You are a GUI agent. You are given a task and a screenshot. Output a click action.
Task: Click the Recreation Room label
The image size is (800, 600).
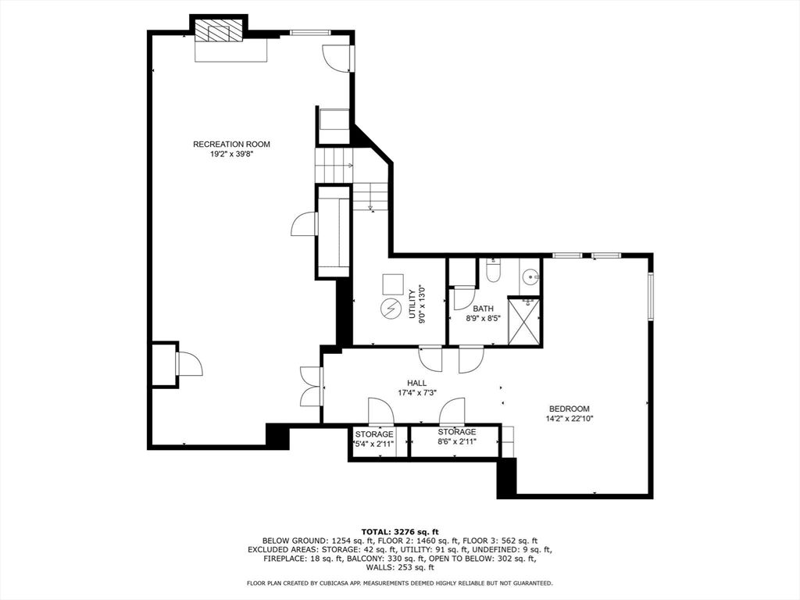click(231, 145)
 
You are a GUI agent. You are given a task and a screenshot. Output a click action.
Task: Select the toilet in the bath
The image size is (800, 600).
click(493, 270)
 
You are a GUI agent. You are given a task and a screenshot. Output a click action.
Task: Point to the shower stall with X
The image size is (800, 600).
click(523, 322)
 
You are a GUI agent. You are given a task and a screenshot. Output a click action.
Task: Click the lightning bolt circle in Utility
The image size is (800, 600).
click(391, 308)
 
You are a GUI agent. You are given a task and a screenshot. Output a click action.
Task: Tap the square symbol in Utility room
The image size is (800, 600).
click(393, 284)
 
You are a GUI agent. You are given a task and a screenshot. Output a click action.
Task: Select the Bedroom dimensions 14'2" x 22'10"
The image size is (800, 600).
click(569, 419)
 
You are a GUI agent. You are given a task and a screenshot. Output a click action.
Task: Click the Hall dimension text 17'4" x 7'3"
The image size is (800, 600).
click(417, 392)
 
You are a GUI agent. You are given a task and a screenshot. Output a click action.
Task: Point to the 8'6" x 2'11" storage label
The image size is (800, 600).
click(456, 442)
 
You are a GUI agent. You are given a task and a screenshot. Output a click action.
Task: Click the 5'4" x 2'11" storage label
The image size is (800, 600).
click(374, 444)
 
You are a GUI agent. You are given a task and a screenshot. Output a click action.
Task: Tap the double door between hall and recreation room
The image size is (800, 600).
click(311, 386)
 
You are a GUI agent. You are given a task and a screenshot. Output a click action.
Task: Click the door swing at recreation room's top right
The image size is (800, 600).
click(335, 58)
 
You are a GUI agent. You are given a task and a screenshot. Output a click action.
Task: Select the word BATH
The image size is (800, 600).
click(483, 309)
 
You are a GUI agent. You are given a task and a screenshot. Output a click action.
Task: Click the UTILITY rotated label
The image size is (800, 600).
click(412, 305)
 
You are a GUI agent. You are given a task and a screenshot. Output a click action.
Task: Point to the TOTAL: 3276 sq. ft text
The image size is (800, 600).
click(400, 531)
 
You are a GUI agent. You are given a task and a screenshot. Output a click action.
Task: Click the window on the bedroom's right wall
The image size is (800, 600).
click(651, 296)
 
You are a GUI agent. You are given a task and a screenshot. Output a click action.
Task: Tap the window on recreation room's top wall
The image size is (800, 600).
click(310, 33)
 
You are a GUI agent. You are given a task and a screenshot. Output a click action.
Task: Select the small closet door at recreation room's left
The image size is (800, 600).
click(189, 364)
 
